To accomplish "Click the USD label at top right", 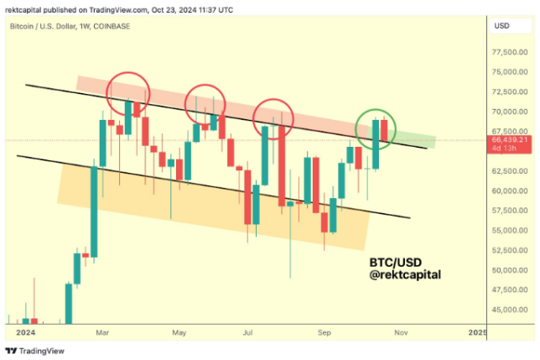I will click(x=502, y=27).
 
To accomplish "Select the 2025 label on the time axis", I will click(x=476, y=333).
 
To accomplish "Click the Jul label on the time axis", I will click(x=249, y=333).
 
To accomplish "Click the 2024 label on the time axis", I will click(x=18, y=333).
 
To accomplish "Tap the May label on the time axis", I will click(x=179, y=333).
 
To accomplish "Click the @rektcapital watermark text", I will click(x=406, y=274).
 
